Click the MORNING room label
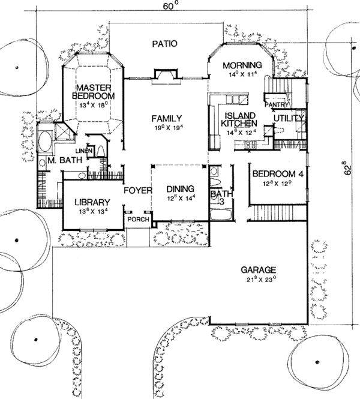[x=242, y=65]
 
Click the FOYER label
[x=136, y=190]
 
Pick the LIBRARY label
[x=92, y=202]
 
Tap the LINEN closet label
[x=84, y=151]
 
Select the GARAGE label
[x=259, y=270]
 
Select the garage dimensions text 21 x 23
[x=259, y=280]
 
